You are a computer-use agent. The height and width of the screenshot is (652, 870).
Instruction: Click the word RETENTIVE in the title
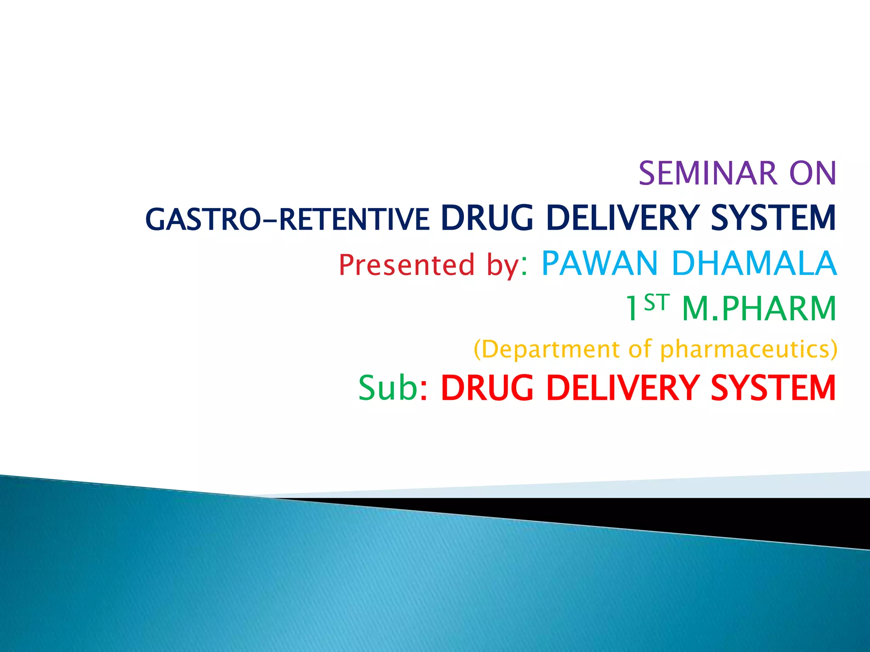(x=354, y=220)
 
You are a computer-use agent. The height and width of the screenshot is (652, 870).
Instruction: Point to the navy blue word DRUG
(x=487, y=218)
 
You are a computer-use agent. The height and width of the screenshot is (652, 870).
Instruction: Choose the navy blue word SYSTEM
(x=773, y=218)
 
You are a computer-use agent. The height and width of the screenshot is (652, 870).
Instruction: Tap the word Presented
(x=406, y=265)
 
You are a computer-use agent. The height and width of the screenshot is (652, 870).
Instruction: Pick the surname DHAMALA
(x=754, y=263)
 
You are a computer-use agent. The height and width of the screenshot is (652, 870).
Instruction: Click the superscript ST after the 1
(x=656, y=303)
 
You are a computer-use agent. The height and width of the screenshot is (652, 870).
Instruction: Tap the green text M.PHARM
(x=759, y=309)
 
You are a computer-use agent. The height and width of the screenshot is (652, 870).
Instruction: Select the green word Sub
(x=387, y=388)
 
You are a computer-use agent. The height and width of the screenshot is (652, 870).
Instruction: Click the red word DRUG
(x=487, y=388)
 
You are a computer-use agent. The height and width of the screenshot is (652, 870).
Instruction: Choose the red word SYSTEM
(x=773, y=388)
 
